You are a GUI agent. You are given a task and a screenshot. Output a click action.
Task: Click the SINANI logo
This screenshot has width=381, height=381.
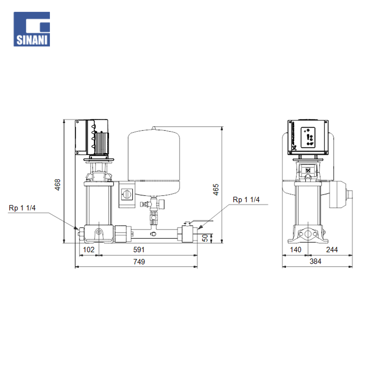click(32, 29)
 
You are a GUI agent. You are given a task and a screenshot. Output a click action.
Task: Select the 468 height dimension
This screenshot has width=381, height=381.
click(58, 185)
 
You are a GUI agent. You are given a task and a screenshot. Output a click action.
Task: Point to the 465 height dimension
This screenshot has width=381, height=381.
click(216, 189)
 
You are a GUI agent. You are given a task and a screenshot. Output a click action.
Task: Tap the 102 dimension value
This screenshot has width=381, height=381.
click(89, 250)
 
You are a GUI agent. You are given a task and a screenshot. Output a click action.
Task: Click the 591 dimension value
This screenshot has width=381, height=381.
click(139, 250)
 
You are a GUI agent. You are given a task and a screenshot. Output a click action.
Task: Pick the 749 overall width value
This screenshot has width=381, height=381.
click(139, 262)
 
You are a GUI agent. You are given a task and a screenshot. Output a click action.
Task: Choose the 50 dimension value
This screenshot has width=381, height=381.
click(205, 238)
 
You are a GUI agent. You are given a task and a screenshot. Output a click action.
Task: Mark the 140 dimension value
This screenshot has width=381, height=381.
click(296, 250)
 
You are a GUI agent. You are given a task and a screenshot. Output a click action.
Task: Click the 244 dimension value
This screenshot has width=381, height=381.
click(332, 250)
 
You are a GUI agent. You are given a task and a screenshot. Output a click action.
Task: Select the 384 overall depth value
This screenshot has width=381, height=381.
click(315, 261)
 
